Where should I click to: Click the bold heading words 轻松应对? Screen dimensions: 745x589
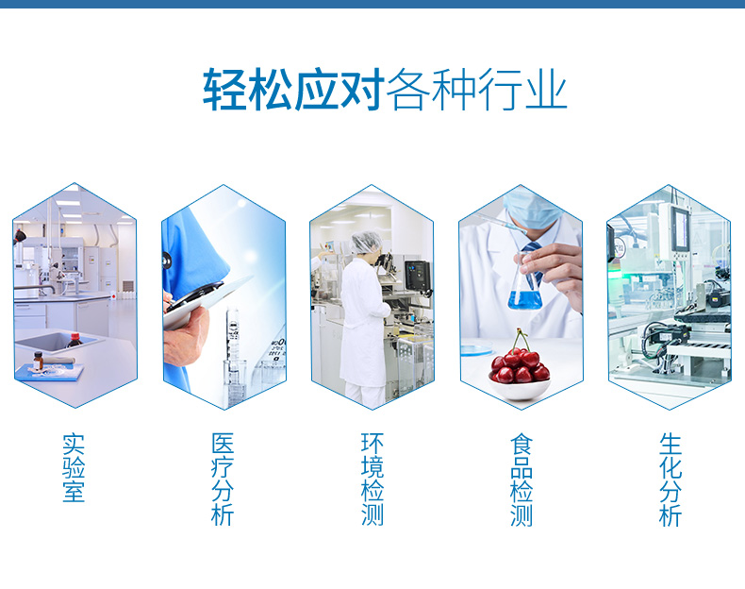(293, 90)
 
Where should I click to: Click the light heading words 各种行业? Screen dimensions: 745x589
(476, 90)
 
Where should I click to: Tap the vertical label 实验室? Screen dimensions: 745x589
(74, 467)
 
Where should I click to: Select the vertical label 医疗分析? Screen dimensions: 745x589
(223, 480)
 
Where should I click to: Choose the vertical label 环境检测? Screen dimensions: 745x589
(372, 480)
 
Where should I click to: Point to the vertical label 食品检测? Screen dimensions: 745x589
(521, 480)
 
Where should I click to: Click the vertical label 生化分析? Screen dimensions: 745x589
(670, 480)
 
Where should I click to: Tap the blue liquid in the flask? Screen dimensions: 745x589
(524, 300)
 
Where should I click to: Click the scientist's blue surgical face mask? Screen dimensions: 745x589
(531, 210)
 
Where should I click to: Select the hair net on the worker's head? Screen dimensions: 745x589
(366, 242)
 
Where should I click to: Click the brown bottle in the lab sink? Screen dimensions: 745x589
(74, 341)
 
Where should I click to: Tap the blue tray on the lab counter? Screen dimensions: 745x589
(49, 372)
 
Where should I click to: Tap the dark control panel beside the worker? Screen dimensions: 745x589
(417, 276)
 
